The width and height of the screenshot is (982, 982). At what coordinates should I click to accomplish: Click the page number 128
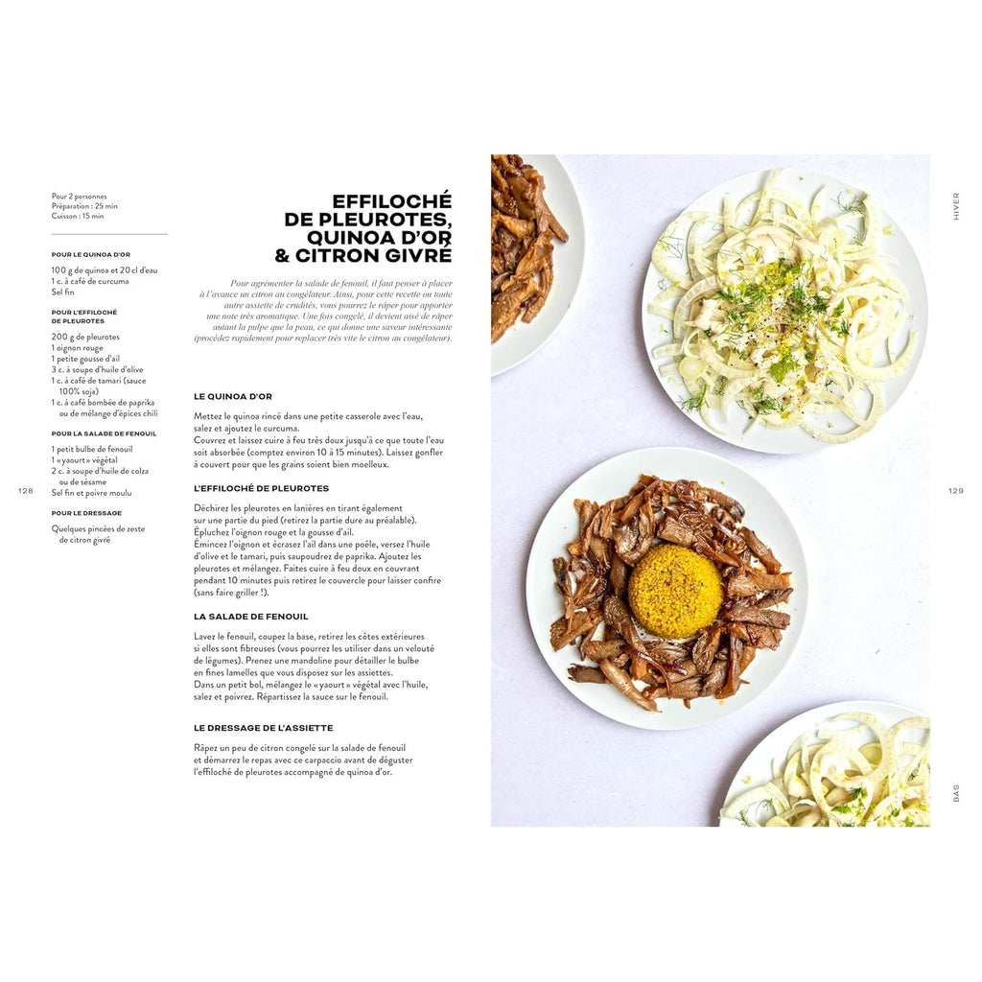tap(25, 491)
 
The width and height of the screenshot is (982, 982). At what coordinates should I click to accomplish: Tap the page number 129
tap(956, 491)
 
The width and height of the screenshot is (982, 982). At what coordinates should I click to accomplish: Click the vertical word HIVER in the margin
tap(956, 206)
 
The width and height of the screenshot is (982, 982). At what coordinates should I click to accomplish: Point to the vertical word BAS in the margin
tap(956, 793)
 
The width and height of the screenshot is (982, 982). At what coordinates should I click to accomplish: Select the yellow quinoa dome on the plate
tap(676, 591)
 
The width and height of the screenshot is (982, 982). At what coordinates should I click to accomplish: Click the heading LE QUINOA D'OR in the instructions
tap(233, 396)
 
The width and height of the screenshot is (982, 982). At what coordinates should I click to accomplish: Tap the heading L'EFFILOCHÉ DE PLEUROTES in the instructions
tap(261, 488)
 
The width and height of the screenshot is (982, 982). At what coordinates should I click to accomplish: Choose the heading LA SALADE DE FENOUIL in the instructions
tap(250, 617)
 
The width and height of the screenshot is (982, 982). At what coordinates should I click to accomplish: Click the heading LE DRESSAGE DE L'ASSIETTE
tap(263, 728)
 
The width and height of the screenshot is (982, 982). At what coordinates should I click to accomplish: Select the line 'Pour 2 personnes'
tap(79, 197)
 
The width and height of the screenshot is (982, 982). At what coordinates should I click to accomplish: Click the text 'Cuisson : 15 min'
tap(78, 216)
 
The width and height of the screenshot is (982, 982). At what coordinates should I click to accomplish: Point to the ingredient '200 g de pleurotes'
tap(85, 337)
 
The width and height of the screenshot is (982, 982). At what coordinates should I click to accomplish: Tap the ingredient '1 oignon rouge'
tap(77, 348)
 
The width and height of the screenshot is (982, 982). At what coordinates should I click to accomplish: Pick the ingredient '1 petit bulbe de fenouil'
tap(92, 449)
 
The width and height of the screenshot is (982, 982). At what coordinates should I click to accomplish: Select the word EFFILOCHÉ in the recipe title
tap(392, 201)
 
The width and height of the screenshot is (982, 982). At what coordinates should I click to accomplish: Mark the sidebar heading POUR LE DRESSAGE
tap(86, 513)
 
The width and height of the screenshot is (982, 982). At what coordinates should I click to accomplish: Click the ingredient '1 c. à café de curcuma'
tap(90, 281)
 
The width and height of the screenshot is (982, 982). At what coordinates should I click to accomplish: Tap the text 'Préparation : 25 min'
tap(84, 206)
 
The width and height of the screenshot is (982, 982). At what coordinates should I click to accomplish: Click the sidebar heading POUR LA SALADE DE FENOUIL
tap(104, 433)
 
